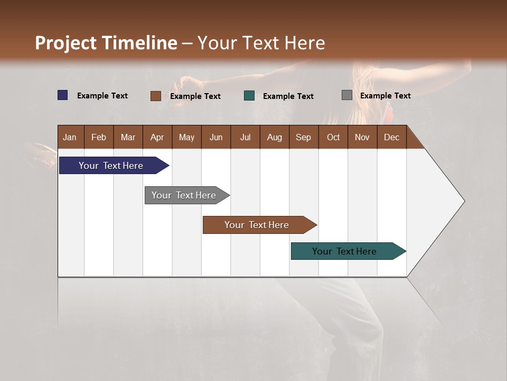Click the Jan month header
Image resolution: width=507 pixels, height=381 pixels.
point(70,137)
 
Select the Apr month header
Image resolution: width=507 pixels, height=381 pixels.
point(157,137)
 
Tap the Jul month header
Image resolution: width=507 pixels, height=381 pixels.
point(245,137)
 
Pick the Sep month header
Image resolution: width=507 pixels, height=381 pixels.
point(304,137)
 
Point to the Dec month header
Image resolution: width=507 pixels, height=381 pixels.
point(391,137)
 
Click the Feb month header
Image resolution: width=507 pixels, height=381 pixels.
point(99,137)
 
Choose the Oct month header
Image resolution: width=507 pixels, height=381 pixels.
point(333,137)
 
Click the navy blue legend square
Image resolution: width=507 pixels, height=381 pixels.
point(63,95)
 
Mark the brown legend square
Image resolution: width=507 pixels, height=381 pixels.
point(155,96)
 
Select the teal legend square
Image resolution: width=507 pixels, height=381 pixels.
point(249,96)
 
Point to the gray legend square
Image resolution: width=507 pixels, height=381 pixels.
point(347,95)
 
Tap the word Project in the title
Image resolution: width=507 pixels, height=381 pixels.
point(65,43)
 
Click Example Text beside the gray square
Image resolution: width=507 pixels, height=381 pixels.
point(386,96)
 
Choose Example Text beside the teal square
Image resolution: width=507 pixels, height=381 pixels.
point(288,96)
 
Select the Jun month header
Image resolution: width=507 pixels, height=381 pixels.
point(216,137)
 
